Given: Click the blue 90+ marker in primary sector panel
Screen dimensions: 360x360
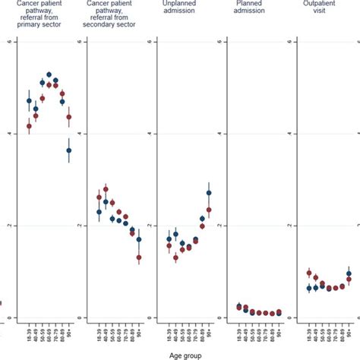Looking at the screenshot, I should (69, 150).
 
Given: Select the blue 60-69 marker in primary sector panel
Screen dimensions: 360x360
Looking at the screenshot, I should (49, 75).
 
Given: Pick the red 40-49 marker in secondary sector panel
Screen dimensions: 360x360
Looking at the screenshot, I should (106, 189).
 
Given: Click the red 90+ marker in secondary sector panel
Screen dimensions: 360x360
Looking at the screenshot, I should (139, 258).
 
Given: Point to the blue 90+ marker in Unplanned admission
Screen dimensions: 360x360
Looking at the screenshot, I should (209, 193).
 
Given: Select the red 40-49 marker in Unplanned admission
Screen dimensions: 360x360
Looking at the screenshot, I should (175, 258).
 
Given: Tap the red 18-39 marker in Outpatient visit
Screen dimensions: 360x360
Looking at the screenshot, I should (309, 273).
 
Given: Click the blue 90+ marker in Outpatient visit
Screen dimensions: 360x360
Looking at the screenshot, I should (349, 273).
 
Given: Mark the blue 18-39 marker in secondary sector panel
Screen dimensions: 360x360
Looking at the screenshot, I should (99, 212).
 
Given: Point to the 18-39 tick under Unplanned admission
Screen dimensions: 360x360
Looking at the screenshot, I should (169, 334).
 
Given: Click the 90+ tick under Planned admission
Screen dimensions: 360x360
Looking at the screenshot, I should (279, 334).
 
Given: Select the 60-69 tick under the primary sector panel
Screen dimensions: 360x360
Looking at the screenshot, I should (49, 334).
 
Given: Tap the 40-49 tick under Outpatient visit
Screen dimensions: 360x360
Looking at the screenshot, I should (316, 334).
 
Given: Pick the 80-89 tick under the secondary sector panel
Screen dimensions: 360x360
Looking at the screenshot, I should (132, 334).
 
